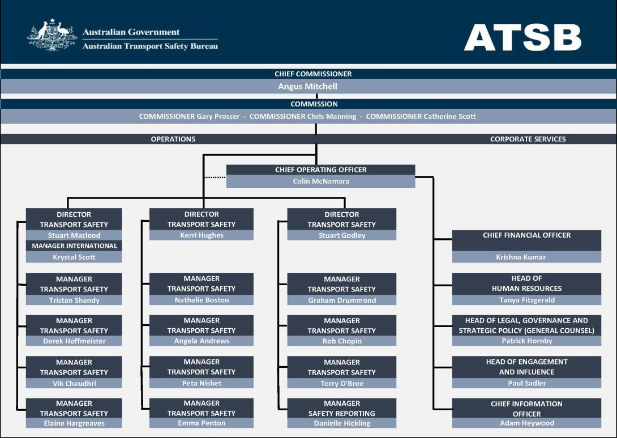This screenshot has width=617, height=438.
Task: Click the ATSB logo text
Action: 522,37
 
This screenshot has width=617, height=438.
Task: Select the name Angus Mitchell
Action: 308,86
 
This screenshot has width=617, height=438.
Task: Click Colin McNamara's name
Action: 321,182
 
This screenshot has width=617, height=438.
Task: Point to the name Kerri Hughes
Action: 202,235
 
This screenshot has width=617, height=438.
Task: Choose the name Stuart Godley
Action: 342,235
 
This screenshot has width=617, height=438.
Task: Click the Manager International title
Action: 74,246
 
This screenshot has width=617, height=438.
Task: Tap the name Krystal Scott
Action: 74,257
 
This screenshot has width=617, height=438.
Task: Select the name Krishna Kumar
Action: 521,257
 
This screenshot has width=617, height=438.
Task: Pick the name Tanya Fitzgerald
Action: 527,300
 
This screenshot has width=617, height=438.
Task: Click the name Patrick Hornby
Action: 527,341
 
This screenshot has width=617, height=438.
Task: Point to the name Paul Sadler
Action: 527,383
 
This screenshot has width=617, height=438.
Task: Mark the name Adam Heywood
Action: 527,423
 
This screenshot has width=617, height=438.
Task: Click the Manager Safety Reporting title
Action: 341,409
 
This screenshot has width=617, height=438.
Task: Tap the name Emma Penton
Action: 202,423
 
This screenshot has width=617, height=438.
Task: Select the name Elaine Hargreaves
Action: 74,423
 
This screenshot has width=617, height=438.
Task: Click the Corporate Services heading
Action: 528,139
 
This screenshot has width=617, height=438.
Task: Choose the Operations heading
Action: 173,139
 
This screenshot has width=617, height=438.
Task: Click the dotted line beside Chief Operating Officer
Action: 215,178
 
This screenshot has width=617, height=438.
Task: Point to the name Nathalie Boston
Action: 202,300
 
